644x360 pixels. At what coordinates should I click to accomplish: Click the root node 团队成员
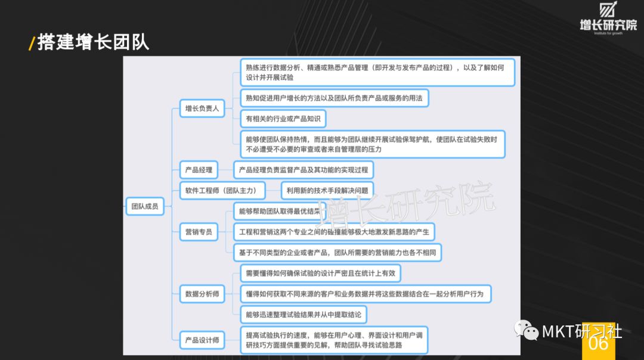pyautogui.click(x=145, y=206)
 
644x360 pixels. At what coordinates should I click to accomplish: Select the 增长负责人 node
pyautogui.click(x=202, y=108)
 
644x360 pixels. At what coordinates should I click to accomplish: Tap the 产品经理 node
pyautogui.click(x=199, y=170)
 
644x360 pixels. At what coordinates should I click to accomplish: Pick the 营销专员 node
pyautogui.click(x=199, y=231)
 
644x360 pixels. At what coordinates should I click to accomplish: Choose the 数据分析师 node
pyautogui.click(x=202, y=293)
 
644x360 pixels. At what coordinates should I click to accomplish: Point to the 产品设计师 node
pyautogui.click(x=202, y=340)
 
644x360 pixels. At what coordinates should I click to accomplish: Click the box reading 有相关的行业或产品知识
pyautogui.click(x=283, y=119)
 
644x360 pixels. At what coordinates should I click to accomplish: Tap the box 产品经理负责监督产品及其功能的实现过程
pyautogui.click(x=304, y=170)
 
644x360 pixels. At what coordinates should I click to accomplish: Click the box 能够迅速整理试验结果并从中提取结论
pyautogui.click(x=303, y=314)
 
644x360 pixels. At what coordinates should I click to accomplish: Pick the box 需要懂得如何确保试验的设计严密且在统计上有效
pyautogui.click(x=320, y=273)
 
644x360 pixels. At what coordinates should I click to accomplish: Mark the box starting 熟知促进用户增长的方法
pyautogui.click(x=334, y=98)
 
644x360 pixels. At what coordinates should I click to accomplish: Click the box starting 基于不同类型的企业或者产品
pyautogui.click(x=338, y=252)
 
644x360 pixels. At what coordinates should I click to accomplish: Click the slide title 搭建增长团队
pyautogui.click(x=93, y=42)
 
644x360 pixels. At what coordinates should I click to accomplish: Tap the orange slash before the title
pyautogui.click(x=32, y=44)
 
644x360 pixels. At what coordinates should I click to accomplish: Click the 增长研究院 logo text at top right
pyautogui.click(x=608, y=24)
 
